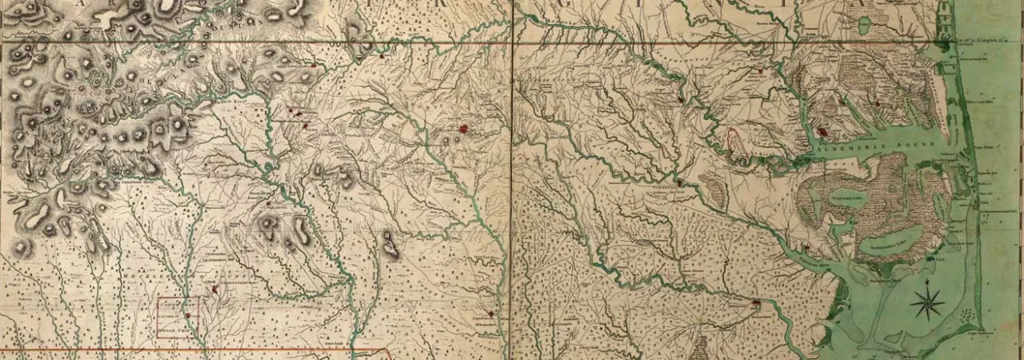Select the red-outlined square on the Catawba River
click(x=178, y=317)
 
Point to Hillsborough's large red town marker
click(x=463, y=128)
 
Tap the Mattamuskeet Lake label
click(x=895, y=240)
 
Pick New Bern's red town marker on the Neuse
click(x=756, y=303)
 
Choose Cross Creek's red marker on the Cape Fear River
click(x=490, y=313)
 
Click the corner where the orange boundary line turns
click(x=390, y=350)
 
